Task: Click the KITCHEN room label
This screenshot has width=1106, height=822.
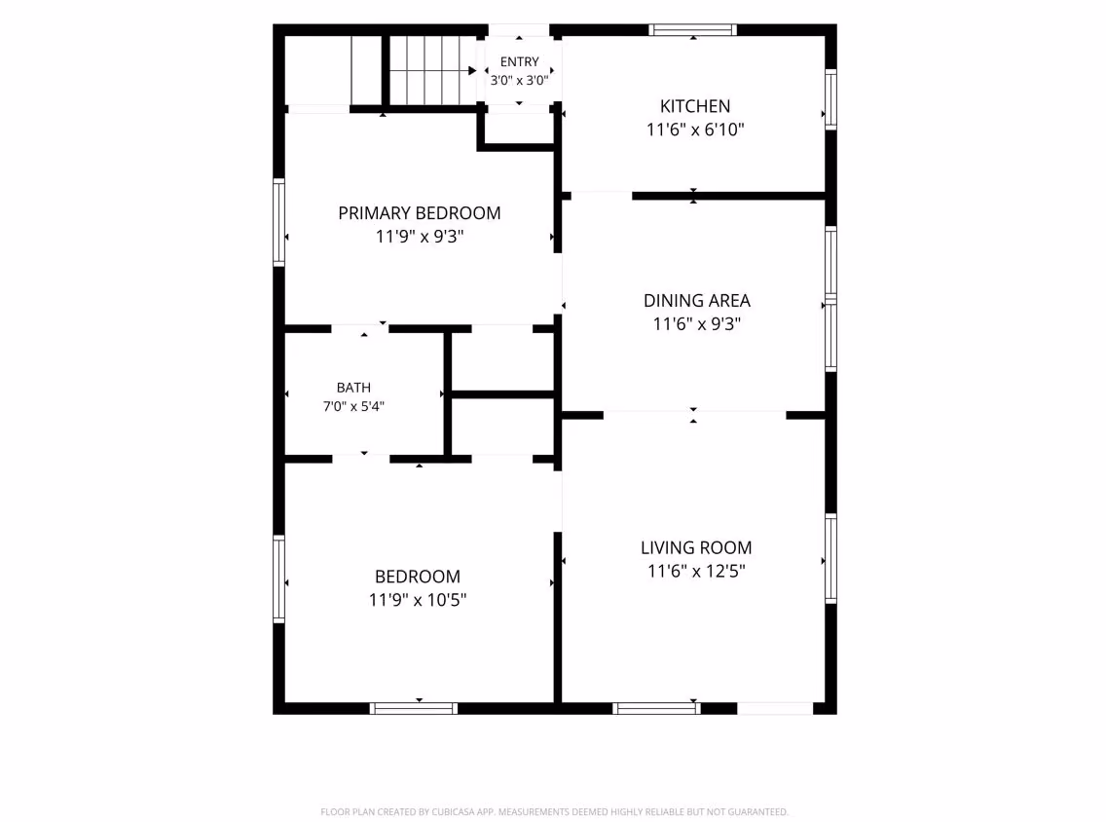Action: [695, 106]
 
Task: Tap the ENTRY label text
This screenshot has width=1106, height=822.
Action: [519, 62]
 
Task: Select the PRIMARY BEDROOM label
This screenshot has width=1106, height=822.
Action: [419, 213]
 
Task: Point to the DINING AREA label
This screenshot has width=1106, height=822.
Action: [696, 301]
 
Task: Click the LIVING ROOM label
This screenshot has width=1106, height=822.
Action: [696, 547]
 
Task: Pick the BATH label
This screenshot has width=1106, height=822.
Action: [353, 388]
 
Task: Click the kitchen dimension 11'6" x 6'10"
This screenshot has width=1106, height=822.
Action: [695, 130]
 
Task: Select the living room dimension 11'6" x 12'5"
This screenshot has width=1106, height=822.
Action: [696, 571]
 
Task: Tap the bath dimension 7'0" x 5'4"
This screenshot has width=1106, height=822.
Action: [353, 406]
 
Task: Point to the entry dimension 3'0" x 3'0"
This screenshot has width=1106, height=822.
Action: [519, 81]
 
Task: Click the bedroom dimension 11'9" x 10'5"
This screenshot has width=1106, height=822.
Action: [418, 600]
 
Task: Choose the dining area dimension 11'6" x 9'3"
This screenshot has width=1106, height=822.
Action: [696, 324]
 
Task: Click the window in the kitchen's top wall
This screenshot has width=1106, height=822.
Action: [692, 29]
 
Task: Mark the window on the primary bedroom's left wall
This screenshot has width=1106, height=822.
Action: [279, 223]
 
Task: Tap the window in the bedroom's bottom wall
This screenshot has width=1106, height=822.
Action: [414, 708]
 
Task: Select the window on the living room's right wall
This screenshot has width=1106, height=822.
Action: [830, 559]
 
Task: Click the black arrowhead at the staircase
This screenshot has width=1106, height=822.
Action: [472, 70]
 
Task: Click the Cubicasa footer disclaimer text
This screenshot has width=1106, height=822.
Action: [554, 812]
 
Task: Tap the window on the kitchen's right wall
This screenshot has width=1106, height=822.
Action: [830, 99]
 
